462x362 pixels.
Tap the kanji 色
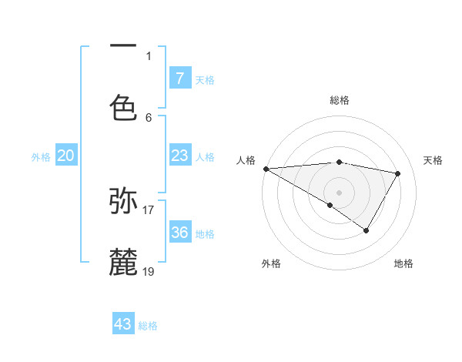[x=123, y=107]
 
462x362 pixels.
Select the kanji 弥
[x=123, y=201]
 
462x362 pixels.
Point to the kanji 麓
[x=123, y=262]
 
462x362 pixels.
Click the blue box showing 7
[x=179, y=78]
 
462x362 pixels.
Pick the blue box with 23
[x=179, y=156]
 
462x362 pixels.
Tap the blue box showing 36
[x=179, y=233]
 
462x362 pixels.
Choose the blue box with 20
[x=65, y=156]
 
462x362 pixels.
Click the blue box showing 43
[x=123, y=324]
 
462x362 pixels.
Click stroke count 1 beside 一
[x=149, y=55]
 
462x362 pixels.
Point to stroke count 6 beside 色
[x=149, y=117]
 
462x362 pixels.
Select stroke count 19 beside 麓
[x=149, y=271]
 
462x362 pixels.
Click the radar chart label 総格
[x=339, y=100]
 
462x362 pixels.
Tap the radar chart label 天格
[x=433, y=160]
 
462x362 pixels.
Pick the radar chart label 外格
[x=271, y=263]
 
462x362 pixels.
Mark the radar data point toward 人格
[x=266, y=169]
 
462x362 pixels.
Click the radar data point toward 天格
[x=398, y=173]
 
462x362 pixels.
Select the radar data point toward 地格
[x=367, y=230]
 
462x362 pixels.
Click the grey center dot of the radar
[x=339, y=192]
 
